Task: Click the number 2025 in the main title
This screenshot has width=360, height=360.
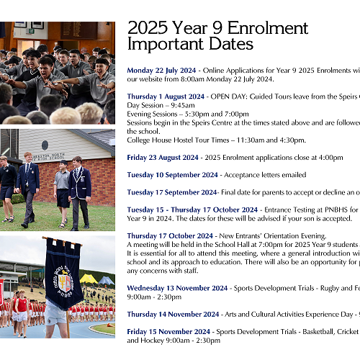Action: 148,28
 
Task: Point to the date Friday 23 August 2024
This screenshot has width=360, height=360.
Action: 163,157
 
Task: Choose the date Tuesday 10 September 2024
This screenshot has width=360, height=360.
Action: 173,175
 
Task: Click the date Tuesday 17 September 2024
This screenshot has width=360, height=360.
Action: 172,192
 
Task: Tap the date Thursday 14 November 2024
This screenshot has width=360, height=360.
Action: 171,314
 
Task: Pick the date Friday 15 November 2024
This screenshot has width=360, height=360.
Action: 168,331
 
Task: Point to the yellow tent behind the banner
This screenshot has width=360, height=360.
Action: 89,279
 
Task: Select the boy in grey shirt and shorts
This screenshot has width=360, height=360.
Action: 62,189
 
